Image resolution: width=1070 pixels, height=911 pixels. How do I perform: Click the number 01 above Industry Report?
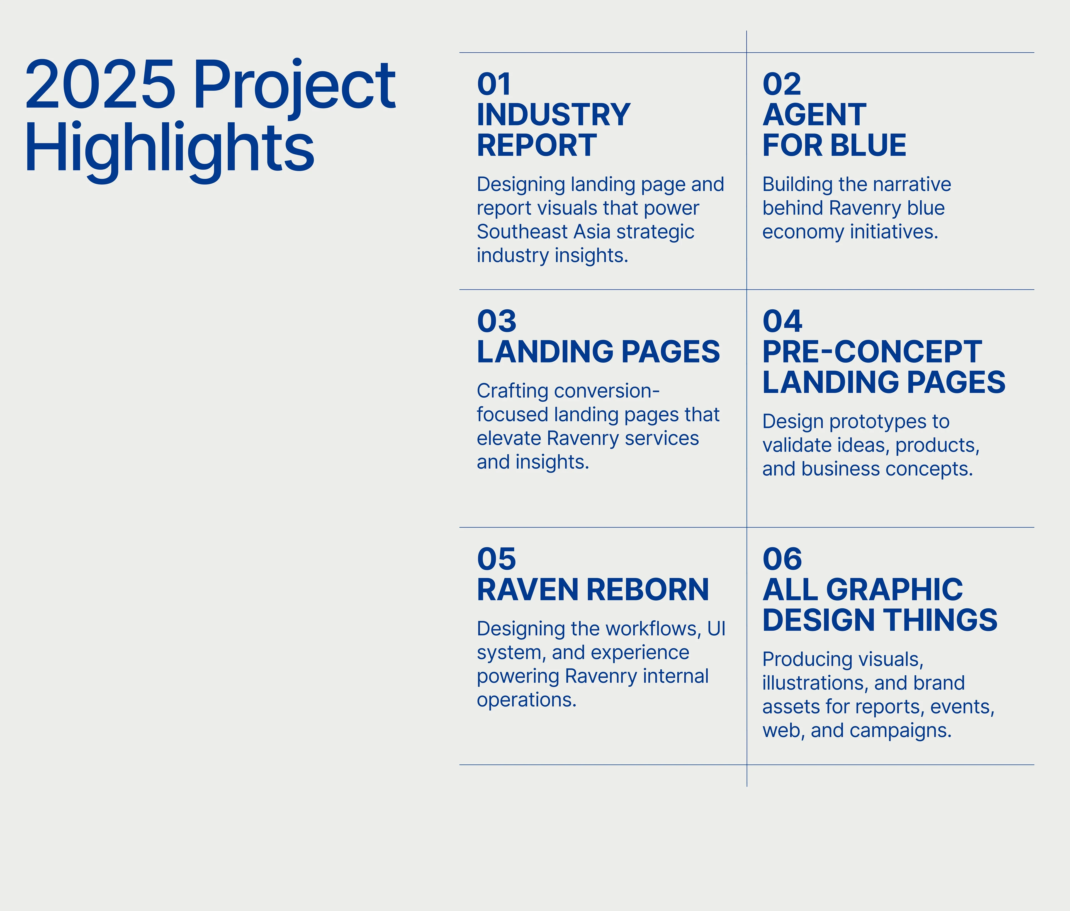coord(494,84)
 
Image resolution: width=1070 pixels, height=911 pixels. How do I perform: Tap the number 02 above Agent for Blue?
coord(782,84)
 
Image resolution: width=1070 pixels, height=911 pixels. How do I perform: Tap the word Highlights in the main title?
coord(169,147)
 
